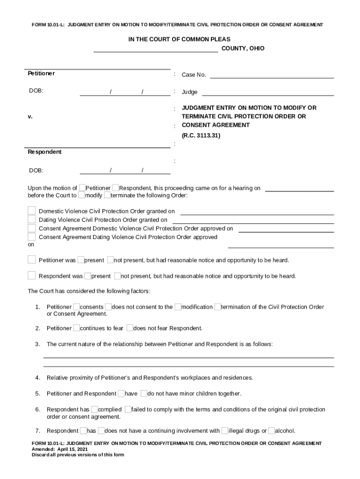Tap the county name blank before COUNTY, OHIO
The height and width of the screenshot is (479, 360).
click(156, 49)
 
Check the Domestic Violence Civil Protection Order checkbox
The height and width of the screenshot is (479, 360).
click(31, 211)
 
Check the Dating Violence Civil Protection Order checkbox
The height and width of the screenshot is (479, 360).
click(31, 219)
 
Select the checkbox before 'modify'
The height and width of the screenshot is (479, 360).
click(81, 195)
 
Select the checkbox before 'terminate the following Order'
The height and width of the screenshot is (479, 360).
click(107, 195)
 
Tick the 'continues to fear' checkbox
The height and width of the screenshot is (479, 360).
click(77, 328)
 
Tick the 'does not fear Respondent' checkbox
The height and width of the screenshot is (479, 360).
click(130, 328)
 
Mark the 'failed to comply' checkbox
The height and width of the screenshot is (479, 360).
click(128, 409)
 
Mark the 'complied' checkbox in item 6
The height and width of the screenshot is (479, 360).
click(94, 409)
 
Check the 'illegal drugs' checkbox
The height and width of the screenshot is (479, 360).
click(225, 431)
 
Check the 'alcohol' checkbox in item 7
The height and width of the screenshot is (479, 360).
click(272, 431)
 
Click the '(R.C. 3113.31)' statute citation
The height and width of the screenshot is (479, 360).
click(201, 136)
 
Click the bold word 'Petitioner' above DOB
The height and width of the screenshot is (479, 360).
click(41, 73)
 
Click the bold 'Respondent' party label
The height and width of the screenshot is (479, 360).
click(44, 152)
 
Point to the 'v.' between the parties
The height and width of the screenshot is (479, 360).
click(30, 116)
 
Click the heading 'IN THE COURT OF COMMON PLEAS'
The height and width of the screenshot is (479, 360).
click(179, 40)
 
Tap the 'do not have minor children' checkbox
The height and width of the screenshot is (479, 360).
click(144, 393)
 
